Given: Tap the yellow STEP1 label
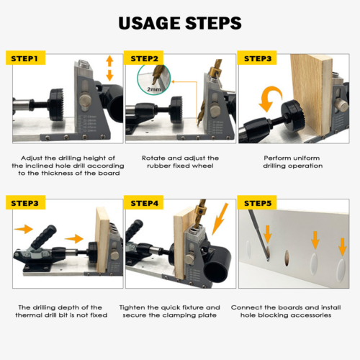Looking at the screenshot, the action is click(x=25, y=58).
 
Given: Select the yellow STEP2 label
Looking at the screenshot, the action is click(x=144, y=58).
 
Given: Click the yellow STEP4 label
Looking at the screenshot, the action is click(x=144, y=203).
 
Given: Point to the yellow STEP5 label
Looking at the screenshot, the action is click(x=257, y=203).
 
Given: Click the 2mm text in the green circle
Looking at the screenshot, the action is click(x=154, y=89).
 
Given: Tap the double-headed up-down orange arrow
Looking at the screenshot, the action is click(x=109, y=68).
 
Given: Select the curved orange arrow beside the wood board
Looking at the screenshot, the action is click(x=270, y=99).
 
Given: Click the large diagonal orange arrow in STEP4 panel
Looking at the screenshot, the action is click(x=220, y=219).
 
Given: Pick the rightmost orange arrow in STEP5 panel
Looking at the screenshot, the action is click(x=343, y=246).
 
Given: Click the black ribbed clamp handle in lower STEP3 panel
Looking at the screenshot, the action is click(x=44, y=237).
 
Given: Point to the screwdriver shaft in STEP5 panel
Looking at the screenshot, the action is click(x=258, y=234).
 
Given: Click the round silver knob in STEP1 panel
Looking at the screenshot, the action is click(x=85, y=99).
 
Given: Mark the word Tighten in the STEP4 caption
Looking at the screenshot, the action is click(x=132, y=307).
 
